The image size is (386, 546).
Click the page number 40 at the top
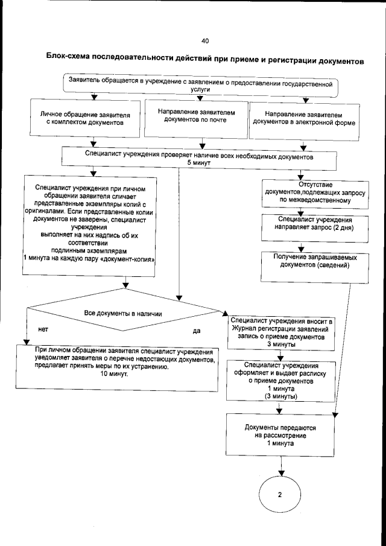pos(204,41)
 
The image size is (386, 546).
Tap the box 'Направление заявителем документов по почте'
pos(195,116)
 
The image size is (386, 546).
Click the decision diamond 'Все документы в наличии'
pos(123,314)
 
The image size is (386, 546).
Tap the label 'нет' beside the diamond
pos(43,330)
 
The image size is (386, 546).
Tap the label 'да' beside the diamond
pos(197,331)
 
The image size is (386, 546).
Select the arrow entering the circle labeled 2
pos(280,468)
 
